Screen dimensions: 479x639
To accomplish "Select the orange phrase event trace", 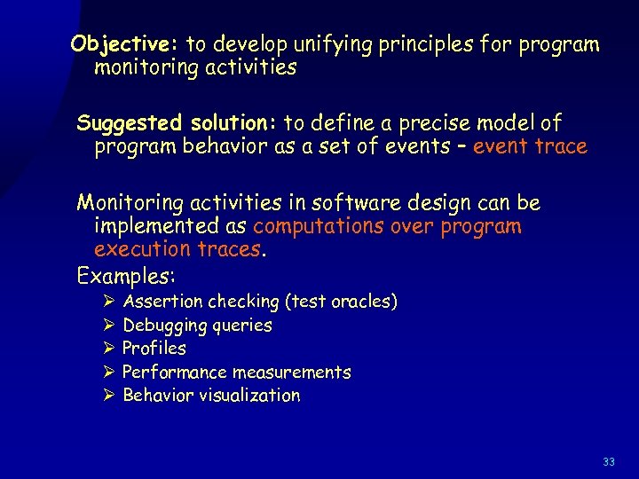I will [x=530, y=147].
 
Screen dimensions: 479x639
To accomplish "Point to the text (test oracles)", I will [x=340, y=302].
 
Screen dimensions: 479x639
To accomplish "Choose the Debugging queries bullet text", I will [x=197, y=326].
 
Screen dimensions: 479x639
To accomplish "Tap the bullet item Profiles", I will [x=154, y=349].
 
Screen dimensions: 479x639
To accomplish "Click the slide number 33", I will [x=608, y=462].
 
